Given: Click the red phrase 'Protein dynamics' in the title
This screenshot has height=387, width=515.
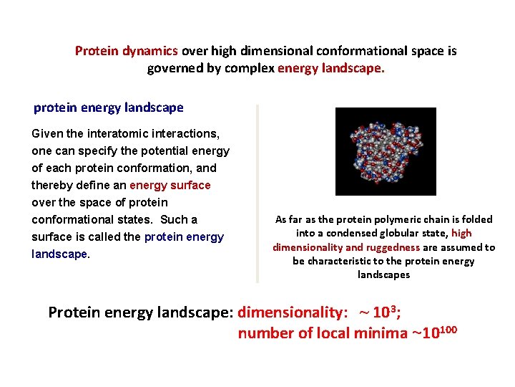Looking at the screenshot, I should coord(127,51).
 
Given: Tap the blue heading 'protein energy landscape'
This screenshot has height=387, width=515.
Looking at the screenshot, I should coord(109,107).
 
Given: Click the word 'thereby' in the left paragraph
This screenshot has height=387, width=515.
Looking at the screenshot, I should coord(51,185).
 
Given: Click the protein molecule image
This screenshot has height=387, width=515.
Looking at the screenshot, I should coord(386,151).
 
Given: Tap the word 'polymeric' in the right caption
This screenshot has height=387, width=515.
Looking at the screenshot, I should coord(400,220).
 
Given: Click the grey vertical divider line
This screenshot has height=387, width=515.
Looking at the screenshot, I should coord(257,193).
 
